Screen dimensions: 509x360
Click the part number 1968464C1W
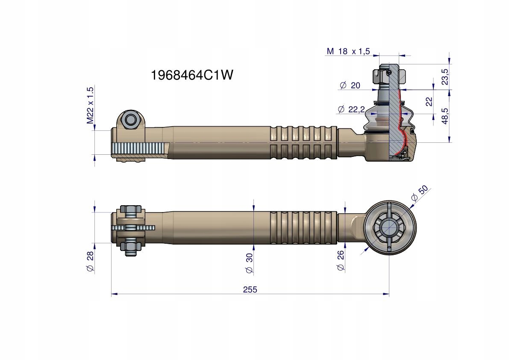[x=192, y=75]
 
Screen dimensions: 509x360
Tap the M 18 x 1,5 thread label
[x=348, y=51]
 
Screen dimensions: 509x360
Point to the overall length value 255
[x=250, y=289]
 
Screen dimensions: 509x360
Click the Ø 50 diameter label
[x=419, y=194]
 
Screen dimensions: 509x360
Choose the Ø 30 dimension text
[x=249, y=263]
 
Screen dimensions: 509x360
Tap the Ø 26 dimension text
[x=340, y=261]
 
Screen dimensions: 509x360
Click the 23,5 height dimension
[x=445, y=77]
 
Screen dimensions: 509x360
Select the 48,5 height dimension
[x=445, y=116]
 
